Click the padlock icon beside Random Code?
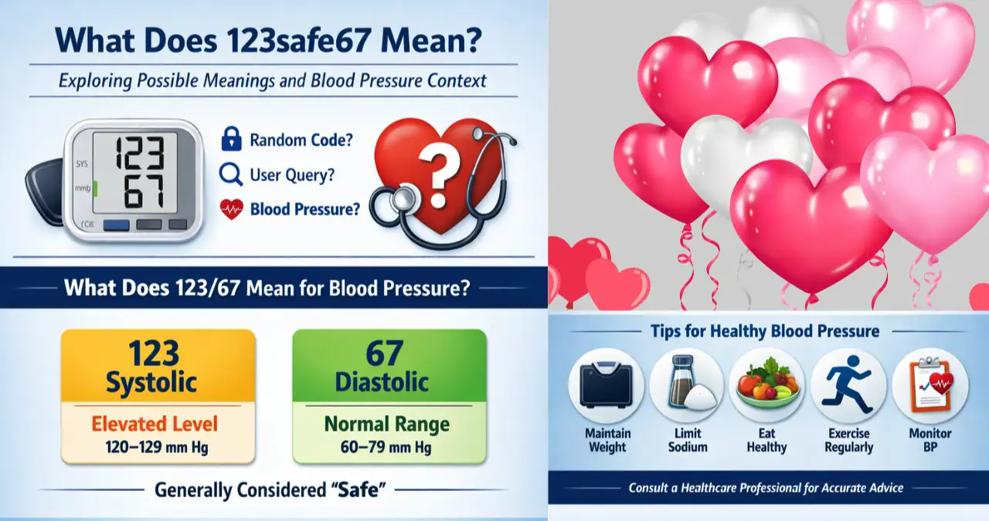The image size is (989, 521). click(231, 140)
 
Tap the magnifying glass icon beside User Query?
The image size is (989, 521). click(231, 175)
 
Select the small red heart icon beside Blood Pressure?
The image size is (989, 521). click(231, 209)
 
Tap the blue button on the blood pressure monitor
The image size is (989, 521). click(116, 226)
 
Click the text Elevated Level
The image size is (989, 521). click(155, 424)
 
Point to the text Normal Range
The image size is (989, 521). click(386, 424)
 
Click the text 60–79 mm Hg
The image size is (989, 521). click(386, 447)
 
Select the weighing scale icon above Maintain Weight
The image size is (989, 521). click(606, 384)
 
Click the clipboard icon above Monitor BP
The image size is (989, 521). click(929, 384)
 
